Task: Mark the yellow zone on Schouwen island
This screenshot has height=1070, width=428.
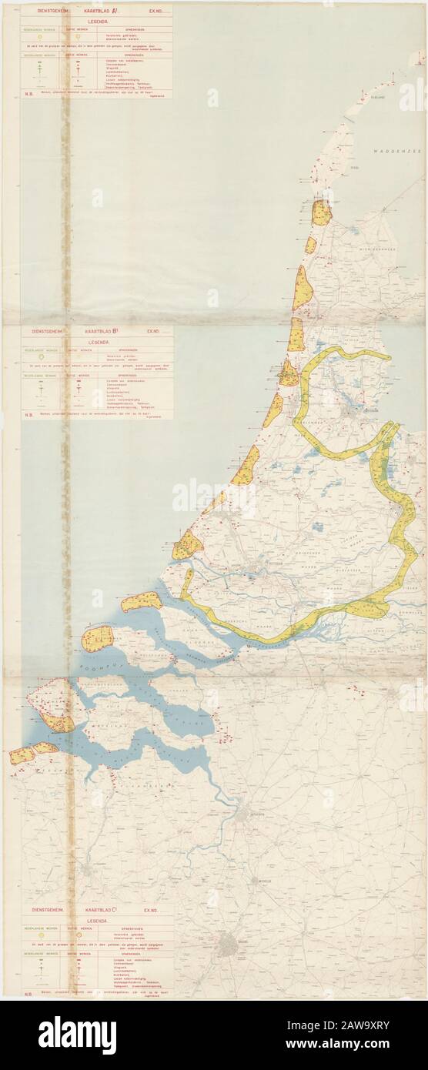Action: (98, 638)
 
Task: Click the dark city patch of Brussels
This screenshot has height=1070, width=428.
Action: (228, 945)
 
